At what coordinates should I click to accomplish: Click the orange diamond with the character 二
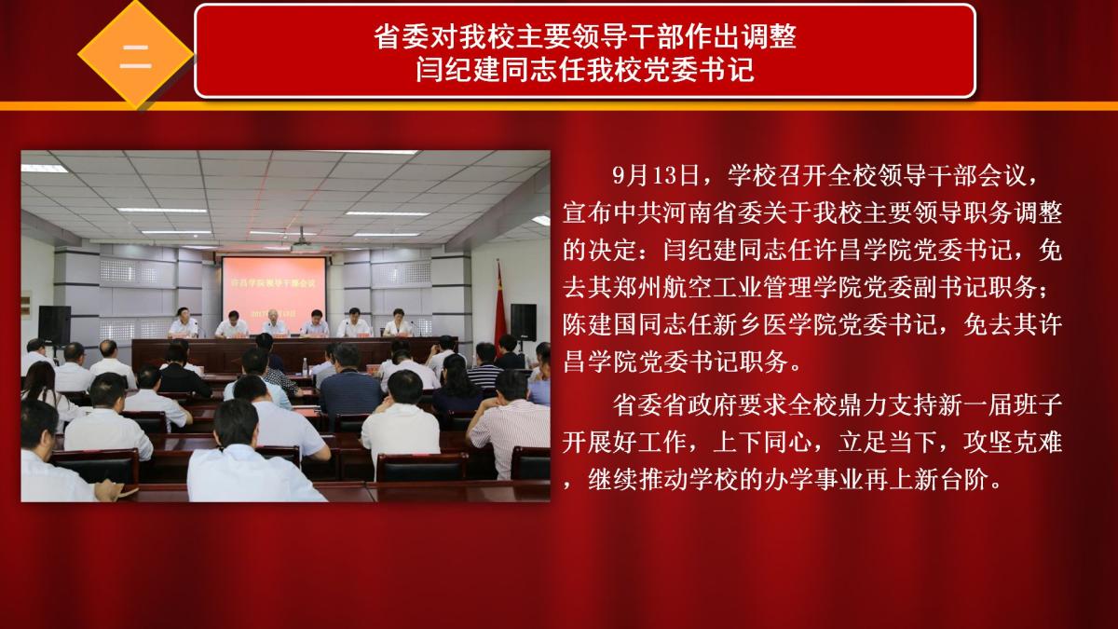[x=135, y=55]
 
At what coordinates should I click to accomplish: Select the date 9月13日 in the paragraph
[x=655, y=175]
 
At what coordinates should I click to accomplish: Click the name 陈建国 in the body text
[x=600, y=324]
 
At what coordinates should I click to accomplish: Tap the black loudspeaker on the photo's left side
[x=54, y=325]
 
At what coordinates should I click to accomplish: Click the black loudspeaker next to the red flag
[x=523, y=322]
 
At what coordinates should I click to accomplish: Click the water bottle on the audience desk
[x=305, y=367]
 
